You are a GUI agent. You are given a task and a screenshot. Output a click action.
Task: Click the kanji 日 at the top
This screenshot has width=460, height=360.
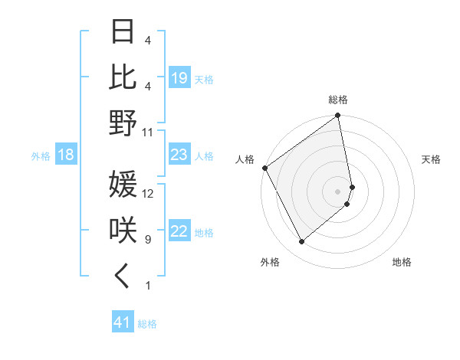tap(123, 31)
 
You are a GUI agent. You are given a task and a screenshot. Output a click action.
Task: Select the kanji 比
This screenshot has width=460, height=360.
tap(123, 77)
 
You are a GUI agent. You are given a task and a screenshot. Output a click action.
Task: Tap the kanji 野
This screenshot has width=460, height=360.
tap(123, 123)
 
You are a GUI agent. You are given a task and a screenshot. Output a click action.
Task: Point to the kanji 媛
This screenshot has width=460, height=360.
tap(123, 185)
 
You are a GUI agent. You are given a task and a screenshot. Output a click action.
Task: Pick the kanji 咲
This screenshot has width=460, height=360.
tap(123, 231)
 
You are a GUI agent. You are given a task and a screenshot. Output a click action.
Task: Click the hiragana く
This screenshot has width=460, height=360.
tap(123, 277)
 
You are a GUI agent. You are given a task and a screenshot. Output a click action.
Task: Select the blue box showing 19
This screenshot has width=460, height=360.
tap(179, 78)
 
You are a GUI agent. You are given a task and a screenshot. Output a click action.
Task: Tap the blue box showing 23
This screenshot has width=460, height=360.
tap(179, 155)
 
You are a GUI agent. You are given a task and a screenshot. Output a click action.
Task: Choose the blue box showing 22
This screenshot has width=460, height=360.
tap(179, 232)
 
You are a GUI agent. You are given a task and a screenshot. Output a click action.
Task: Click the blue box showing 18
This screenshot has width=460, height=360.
tap(66, 155)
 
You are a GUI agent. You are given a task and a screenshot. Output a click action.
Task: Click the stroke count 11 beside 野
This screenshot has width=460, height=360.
tap(148, 132)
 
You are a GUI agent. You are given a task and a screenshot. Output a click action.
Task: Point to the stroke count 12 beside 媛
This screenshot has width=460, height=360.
tap(148, 193)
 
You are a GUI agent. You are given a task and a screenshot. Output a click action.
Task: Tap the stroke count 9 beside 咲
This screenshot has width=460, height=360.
tap(148, 239)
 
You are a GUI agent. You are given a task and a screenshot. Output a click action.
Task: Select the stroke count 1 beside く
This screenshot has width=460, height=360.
tap(148, 286)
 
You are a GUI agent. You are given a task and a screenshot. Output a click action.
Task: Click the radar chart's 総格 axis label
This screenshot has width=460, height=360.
tap(338, 100)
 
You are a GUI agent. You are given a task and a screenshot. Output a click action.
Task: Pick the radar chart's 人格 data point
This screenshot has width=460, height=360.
tap(265, 168)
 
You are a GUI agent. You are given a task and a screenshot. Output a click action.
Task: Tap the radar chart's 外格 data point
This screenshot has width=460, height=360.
tap(301, 242)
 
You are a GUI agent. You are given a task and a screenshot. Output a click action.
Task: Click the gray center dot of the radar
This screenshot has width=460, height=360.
tap(338, 191)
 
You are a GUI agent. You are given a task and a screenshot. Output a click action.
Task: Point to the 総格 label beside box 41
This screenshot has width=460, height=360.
tap(148, 324)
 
